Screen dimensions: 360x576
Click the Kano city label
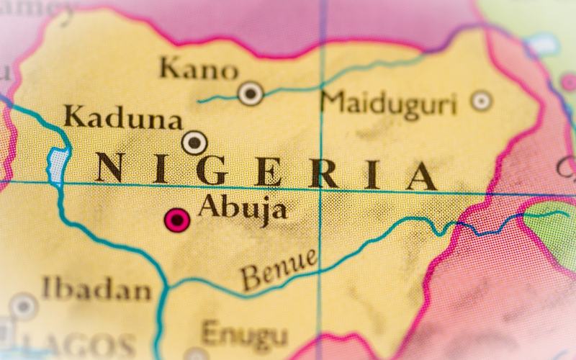click(198, 70)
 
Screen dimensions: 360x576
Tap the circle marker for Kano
click(251, 92)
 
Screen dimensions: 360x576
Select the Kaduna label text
click(122, 117)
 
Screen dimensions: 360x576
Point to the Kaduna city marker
click(194, 142)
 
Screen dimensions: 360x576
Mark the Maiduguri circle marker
click(481, 100)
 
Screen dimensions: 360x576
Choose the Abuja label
click(242, 208)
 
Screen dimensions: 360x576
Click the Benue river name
click(279, 268)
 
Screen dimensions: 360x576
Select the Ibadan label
click(96, 289)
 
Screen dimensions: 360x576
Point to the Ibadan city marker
click(23, 305)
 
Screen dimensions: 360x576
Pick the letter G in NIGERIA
click(214, 171)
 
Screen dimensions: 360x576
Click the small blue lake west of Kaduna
click(56, 164)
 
